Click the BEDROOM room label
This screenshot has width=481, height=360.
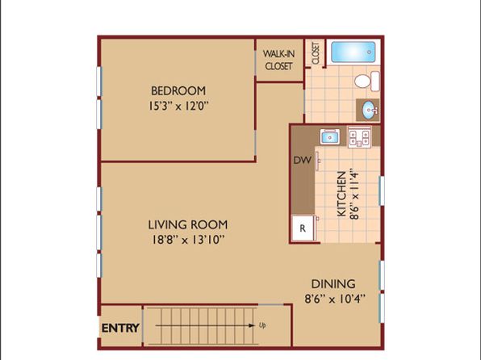pyautogui.click(x=178, y=91)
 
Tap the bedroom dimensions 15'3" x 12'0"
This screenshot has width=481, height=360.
pyautogui.click(x=178, y=107)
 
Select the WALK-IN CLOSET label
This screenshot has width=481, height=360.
pyautogui.click(x=279, y=60)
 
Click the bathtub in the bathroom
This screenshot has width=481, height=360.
pyautogui.click(x=353, y=52)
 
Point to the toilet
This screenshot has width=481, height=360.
pyautogui.click(x=367, y=81)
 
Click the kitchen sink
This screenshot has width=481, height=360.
pyautogui.click(x=330, y=137)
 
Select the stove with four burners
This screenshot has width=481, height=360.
pyautogui.click(x=359, y=137)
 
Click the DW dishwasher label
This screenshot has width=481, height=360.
pyautogui.click(x=302, y=160)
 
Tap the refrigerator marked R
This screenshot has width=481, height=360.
pyautogui.click(x=303, y=228)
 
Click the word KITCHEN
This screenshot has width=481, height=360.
pyautogui.click(x=341, y=194)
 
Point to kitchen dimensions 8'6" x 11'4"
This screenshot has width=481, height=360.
pyautogui.click(x=354, y=195)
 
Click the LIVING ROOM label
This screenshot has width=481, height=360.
pyautogui.click(x=188, y=225)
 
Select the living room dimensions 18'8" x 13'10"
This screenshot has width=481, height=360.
pyautogui.click(x=188, y=240)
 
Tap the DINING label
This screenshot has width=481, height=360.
pyautogui.click(x=333, y=284)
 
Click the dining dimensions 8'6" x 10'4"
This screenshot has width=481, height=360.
pyautogui.click(x=335, y=299)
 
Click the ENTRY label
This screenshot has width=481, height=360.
pyautogui.click(x=120, y=328)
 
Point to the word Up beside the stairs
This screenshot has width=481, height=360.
pyautogui.click(x=262, y=325)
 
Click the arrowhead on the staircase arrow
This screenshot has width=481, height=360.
pyautogui.click(x=252, y=325)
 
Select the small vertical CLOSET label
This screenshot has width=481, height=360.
pyautogui.click(x=316, y=53)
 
